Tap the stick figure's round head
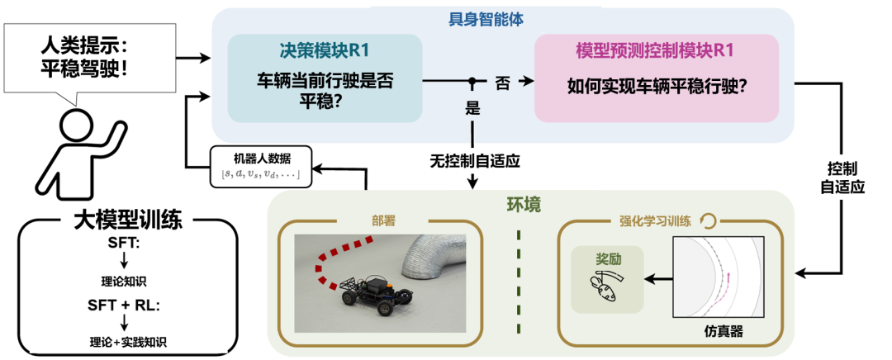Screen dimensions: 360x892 (x=78, y=127)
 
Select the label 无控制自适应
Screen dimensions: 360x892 (x=474, y=159)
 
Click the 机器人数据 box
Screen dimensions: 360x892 (x=257, y=164)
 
